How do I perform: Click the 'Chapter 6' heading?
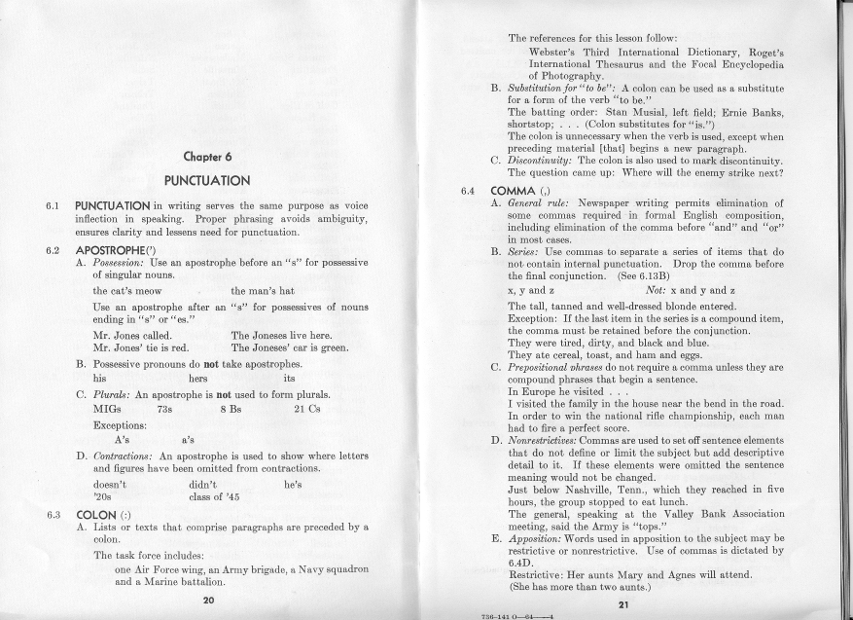(x=206, y=157)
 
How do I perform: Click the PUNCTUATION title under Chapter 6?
(x=207, y=180)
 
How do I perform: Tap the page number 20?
(x=207, y=600)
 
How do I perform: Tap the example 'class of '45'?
(x=217, y=498)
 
